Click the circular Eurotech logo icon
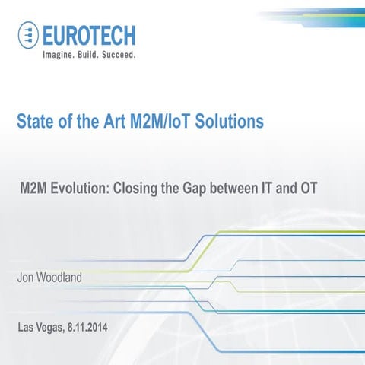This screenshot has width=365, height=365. coord(29,35)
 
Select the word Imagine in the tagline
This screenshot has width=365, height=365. coord(62,56)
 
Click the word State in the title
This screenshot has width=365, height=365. coord(38,121)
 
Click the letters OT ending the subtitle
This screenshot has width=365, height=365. coord(306,188)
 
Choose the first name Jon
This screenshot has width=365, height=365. coord(27,278)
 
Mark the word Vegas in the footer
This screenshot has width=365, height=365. coord(53,328)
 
